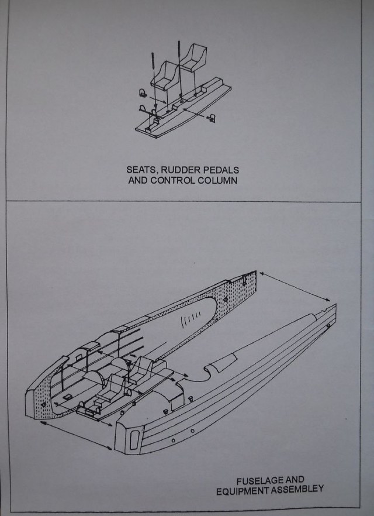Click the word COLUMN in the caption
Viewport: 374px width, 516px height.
point(217,181)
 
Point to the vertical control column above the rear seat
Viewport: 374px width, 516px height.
point(181,59)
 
